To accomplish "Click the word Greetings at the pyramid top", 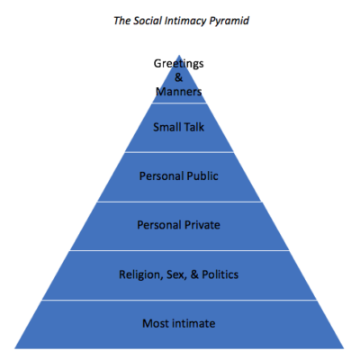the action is coord(178,64).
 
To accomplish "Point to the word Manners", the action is coord(178,92).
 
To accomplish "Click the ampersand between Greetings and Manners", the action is coord(178,77).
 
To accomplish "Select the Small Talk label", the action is coord(178,127).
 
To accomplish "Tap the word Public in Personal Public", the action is coord(202,175).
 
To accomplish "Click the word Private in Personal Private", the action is coord(203,225).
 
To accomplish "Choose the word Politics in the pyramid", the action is coord(220,274).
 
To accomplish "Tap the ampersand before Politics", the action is coord(194,274).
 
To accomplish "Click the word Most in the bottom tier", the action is coord(155,323).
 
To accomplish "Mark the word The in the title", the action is coord(121,21).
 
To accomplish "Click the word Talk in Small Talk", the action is coord(194,127).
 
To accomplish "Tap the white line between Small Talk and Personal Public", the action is coord(179,152).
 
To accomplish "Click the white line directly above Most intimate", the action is coord(179,300).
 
